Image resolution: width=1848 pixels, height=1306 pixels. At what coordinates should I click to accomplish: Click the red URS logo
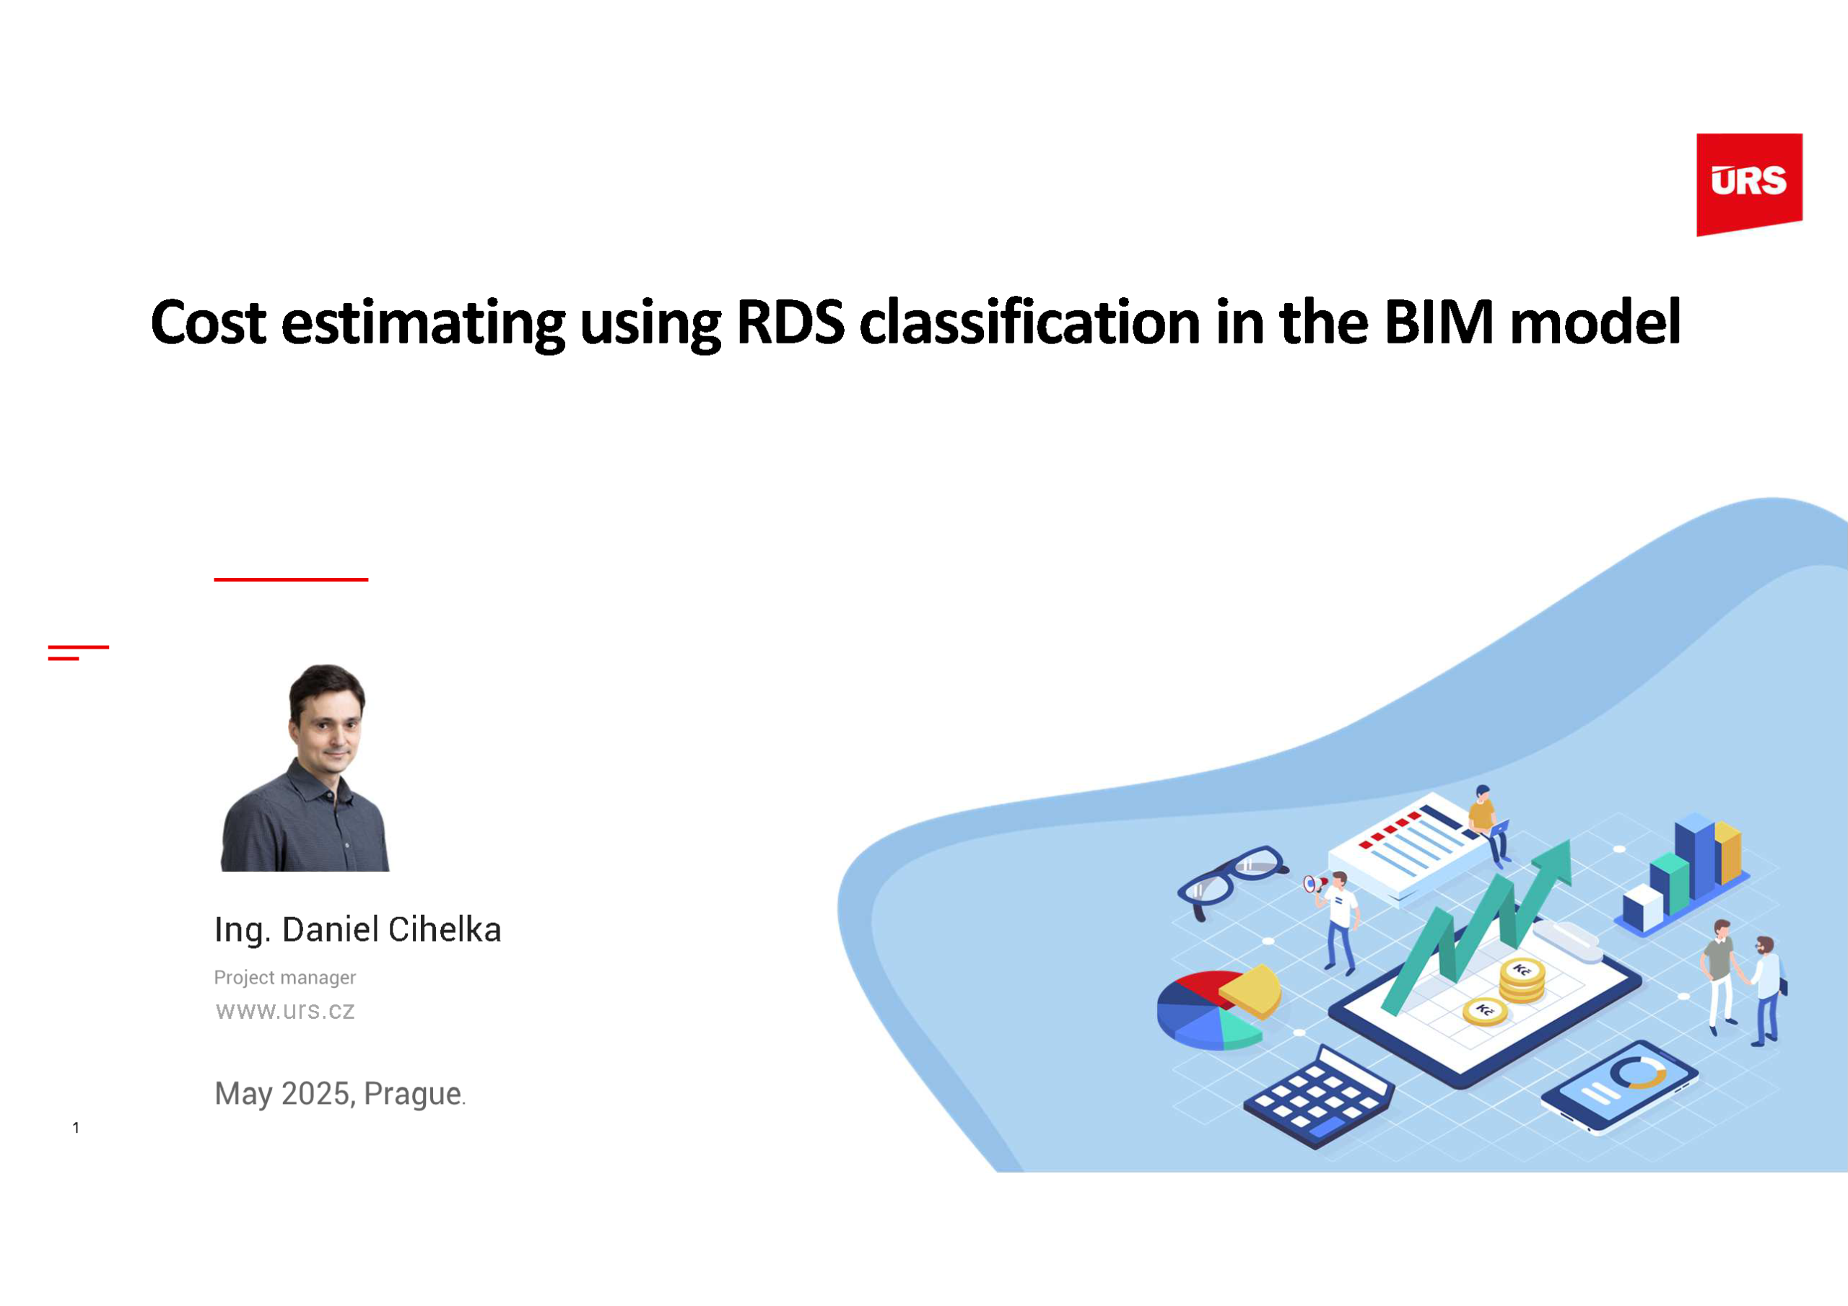(1749, 183)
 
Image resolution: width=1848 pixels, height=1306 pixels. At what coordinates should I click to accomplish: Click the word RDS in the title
(790, 323)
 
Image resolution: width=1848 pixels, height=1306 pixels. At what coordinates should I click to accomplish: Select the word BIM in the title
(1438, 323)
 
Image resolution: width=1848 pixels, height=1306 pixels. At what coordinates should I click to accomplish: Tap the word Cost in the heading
(209, 323)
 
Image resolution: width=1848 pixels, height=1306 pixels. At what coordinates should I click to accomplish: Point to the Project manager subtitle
(284, 977)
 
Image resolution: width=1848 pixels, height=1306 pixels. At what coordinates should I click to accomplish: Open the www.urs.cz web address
(285, 1011)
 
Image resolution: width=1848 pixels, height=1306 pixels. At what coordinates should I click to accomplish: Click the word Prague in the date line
(412, 1094)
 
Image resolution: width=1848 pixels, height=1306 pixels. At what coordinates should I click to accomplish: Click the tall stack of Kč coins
(1521, 981)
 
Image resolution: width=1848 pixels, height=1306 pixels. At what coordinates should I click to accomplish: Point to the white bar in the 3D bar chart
(1643, 907)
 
